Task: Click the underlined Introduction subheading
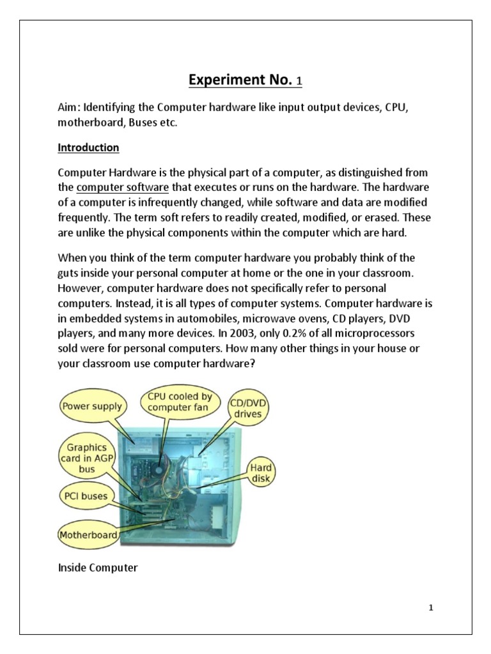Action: pos(88,148)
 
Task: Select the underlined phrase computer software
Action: pos(122,187)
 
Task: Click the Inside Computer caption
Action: pos(97,567)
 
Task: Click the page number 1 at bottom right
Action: pos(431,607)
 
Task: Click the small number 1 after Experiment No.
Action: pos(298,82)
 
